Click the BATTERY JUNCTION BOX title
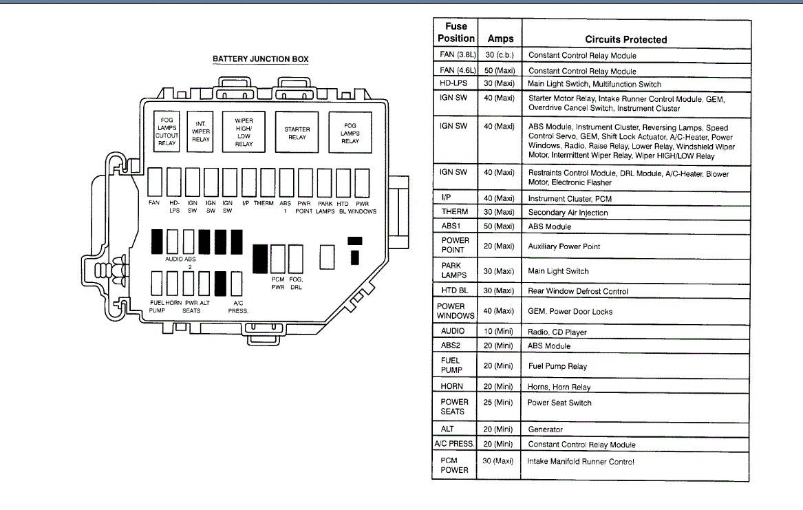[261, 59]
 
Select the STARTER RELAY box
[297, 132]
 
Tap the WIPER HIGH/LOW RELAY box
[244, 131]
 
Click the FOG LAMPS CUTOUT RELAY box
[167, 131]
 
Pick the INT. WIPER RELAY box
[200, 131]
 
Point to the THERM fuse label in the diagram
[264, 203]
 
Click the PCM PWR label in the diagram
[278, 283]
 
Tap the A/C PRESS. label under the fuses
[238, 307]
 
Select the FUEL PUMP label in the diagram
[157, 306]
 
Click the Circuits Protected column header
[625, 39]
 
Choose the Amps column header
[500, 39]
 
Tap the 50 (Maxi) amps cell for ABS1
[499, 226]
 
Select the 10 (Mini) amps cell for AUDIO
[498, 331]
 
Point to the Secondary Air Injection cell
[568, 213]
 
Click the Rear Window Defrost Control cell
[578, 291]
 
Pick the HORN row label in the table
[451, 386]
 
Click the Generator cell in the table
[545, 429]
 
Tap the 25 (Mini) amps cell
[497, 403]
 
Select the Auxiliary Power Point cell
[564, 246]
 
